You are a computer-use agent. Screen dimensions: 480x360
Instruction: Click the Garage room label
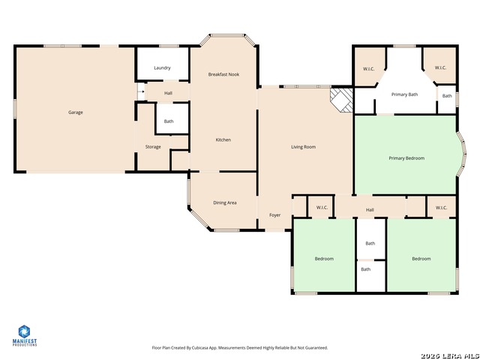pos(76,112)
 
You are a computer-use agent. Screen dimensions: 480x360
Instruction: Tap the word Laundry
pos(162,68)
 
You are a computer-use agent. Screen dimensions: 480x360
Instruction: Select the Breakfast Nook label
pos(223,74)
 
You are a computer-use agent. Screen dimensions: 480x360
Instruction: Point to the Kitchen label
pos(223,139)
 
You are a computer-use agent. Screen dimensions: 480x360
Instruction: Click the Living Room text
pos(303,147)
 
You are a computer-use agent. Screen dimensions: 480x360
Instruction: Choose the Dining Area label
pos(225,202)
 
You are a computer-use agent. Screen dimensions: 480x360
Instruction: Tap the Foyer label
pos(275,215)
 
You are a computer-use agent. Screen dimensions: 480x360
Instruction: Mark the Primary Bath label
pos(405,94)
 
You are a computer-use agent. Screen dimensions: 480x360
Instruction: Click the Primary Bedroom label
pos(406,158)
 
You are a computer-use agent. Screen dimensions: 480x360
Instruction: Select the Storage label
pos(153,147)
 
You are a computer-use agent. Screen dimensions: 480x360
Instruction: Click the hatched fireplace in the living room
pos(342,100)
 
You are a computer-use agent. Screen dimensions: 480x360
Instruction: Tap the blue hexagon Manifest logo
pos(24,331)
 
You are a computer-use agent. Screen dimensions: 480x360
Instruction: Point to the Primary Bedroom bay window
pos(462,154)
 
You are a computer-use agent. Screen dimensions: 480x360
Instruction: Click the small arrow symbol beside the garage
pos(141,91)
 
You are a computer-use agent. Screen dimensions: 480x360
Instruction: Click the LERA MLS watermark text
pos(450,356)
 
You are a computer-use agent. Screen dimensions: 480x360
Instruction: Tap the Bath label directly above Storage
pos(169,121)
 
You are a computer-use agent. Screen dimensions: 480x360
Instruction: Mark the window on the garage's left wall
pos(14,109)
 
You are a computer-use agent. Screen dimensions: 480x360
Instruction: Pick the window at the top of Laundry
pos(169,46)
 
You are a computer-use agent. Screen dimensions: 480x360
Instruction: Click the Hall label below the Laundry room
pos(168,93)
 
